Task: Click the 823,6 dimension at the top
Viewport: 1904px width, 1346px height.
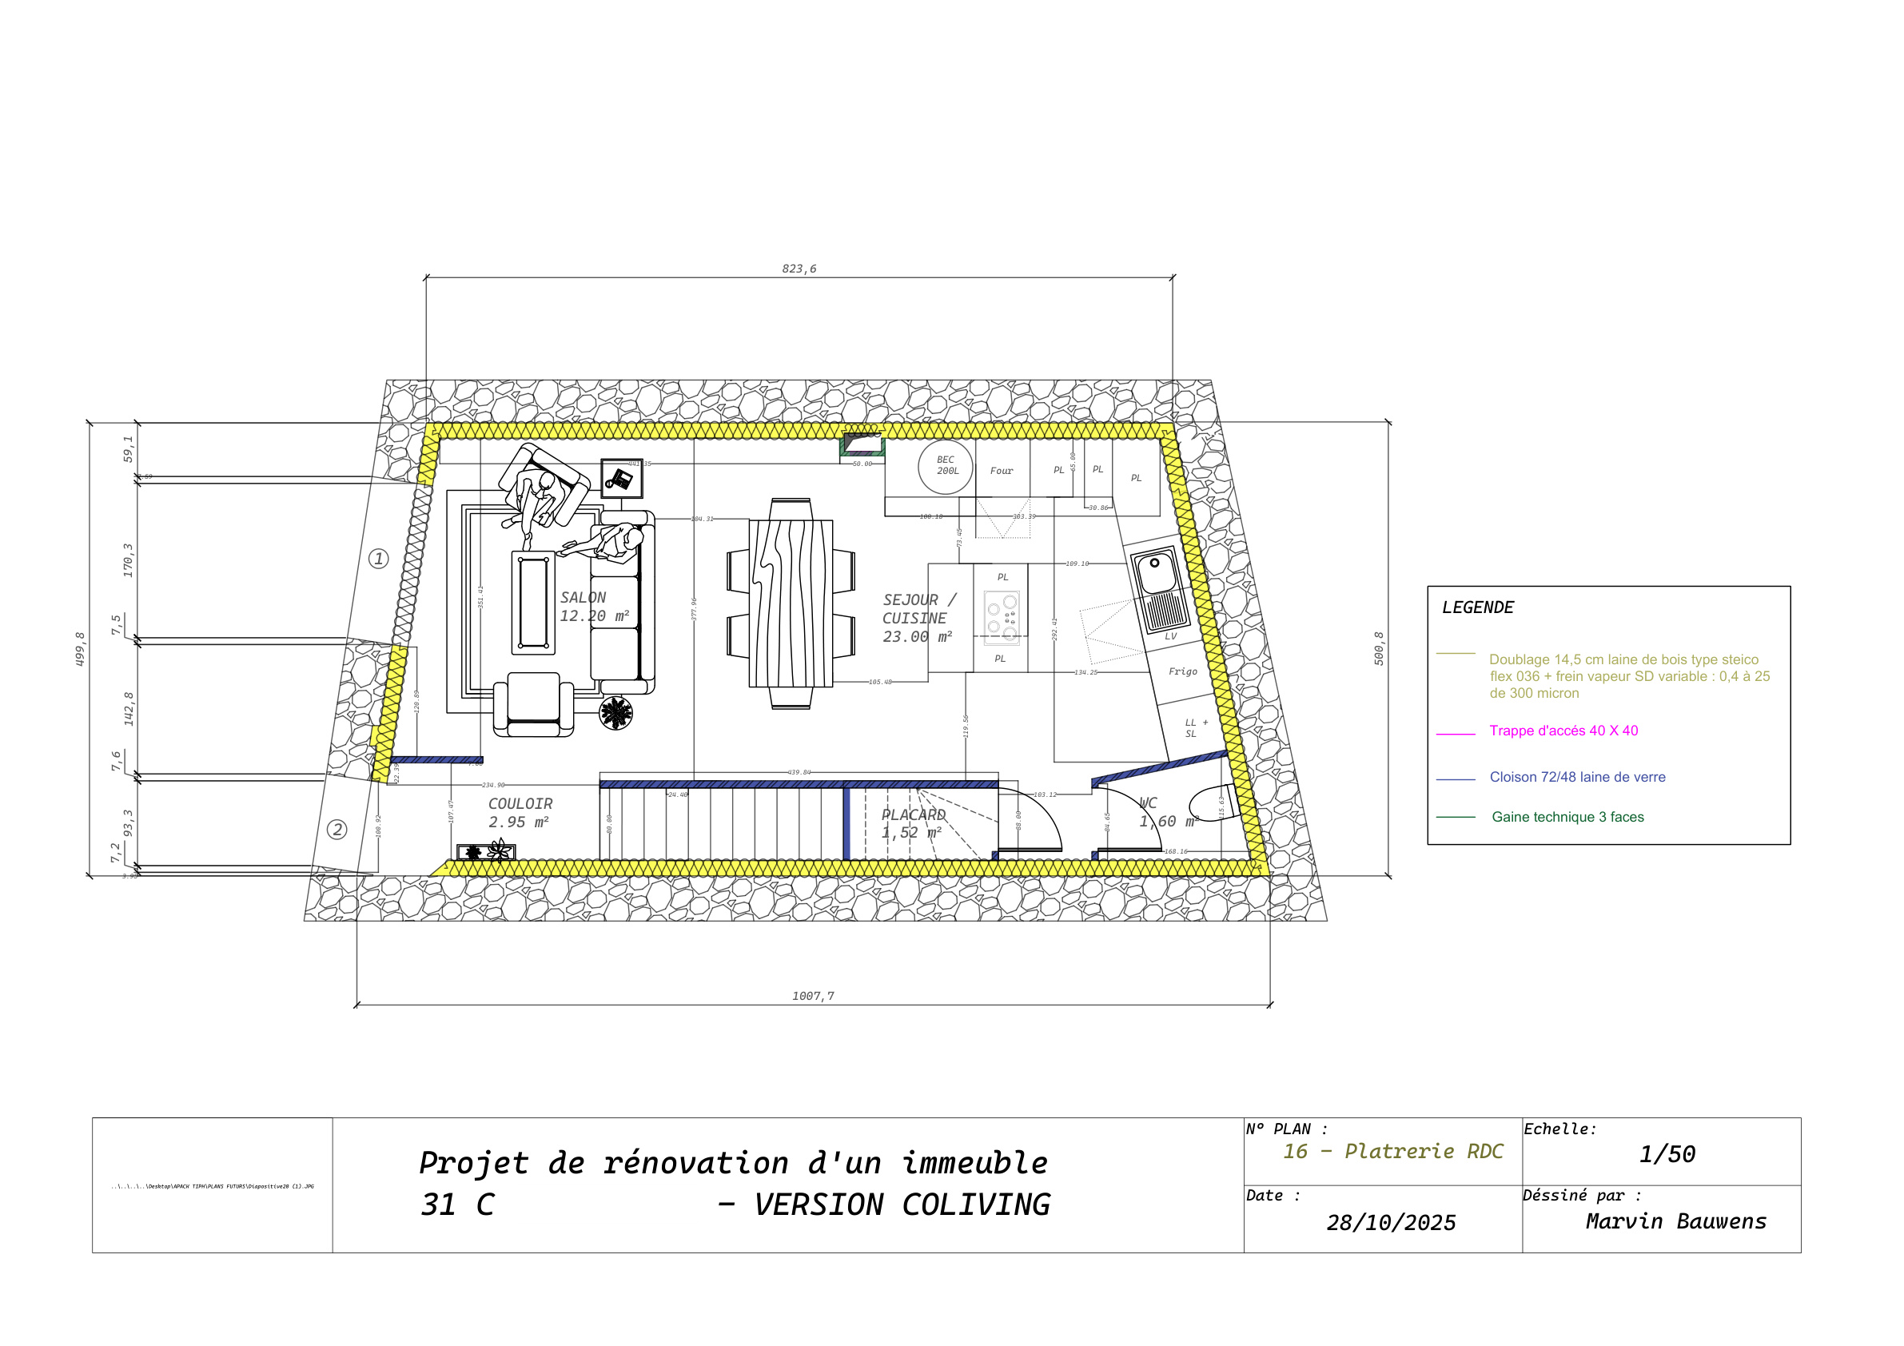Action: pyautogui.click(x=799, y=269)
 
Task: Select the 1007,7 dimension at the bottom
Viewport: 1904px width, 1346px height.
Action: pyautogui.click(x=813, y=996)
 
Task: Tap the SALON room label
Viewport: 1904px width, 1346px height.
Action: pyautogui.click(x=583, y=598)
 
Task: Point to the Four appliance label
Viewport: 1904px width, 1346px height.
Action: pyautogui.click(x=1001, y=471)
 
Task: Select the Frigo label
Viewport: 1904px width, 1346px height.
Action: pyautogui.click(x=1182, y=671)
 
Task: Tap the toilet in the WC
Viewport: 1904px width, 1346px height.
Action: pyautogui.click(x=1213, y=802)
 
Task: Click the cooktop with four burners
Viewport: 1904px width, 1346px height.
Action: pyautogui.click(x=1002, y=617)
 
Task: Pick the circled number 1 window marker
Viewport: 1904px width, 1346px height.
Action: pyautogui.click(x=378, y=558)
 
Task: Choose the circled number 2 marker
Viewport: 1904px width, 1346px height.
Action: pyautogui.click(x=337, y=830)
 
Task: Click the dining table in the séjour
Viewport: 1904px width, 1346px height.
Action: pyautogui.click(x=791, y=603)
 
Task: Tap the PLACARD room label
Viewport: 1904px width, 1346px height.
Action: pyautogui.click(x=913, y=815)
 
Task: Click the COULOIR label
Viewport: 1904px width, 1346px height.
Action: pyautogui.click(x=520, y=803)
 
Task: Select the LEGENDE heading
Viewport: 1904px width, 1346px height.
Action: pyautogui.click(x=1477, y=608)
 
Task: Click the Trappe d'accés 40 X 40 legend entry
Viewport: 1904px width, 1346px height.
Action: pyautogui.click(x=1563, y=731)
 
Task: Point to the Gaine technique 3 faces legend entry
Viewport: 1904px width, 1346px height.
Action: pyautogui.click(x=1567, y=817)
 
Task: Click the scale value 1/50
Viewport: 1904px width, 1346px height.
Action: pyautogui.click(x=1667, y=1153)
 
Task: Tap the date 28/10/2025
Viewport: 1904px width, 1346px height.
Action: pyautogui.click(x=1391, y=1222)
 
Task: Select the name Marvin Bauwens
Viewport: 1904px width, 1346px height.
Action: pyautogui.click(x=1675, y=1221)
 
